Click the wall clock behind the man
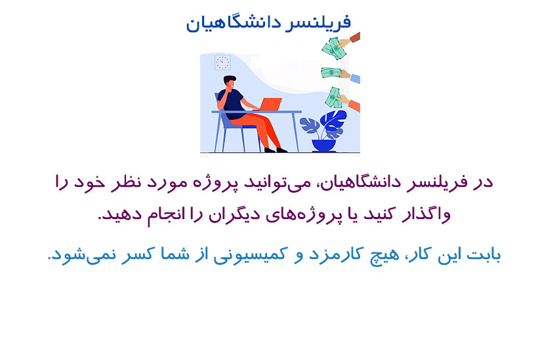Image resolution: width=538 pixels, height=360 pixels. point(222,62)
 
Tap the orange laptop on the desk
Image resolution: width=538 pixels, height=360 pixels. point(270,104)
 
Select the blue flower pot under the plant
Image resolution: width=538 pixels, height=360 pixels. point(323,146)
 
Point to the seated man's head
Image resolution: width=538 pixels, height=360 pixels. point(230,82)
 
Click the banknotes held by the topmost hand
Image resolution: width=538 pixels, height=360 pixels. point(334,49)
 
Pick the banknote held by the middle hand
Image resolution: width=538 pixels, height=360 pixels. point(331,73)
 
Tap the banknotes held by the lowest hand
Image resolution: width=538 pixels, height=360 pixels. point(333,97)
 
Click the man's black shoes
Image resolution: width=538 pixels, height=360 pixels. point(276,150)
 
